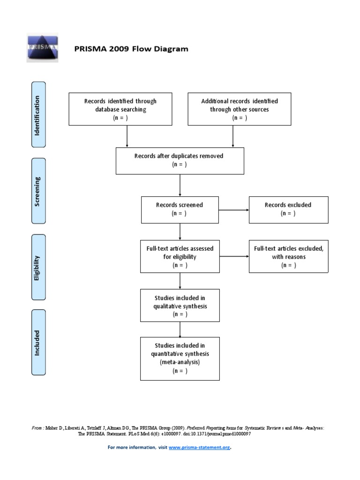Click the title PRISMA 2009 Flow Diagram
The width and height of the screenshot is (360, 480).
point(132,49)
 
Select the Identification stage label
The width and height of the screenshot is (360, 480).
point(38,115)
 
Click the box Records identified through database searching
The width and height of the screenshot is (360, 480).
point(120,109)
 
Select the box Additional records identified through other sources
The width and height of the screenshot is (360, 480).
point(240,109)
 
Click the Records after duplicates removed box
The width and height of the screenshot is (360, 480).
point(180,160)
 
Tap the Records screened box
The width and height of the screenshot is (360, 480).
point(180,210)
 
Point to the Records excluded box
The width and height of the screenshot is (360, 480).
point(288,210)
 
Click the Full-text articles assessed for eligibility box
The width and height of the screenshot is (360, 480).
point(180,256)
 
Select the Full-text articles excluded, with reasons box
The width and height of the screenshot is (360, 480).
point(288,256)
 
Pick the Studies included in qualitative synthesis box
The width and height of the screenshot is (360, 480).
point(180,306)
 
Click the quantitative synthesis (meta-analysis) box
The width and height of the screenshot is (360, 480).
point(180,358)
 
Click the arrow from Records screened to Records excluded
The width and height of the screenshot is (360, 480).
point(234,210)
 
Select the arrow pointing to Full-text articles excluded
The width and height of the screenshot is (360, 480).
point(234,257)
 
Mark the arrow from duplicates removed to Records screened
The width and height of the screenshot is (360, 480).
point(180,185)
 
